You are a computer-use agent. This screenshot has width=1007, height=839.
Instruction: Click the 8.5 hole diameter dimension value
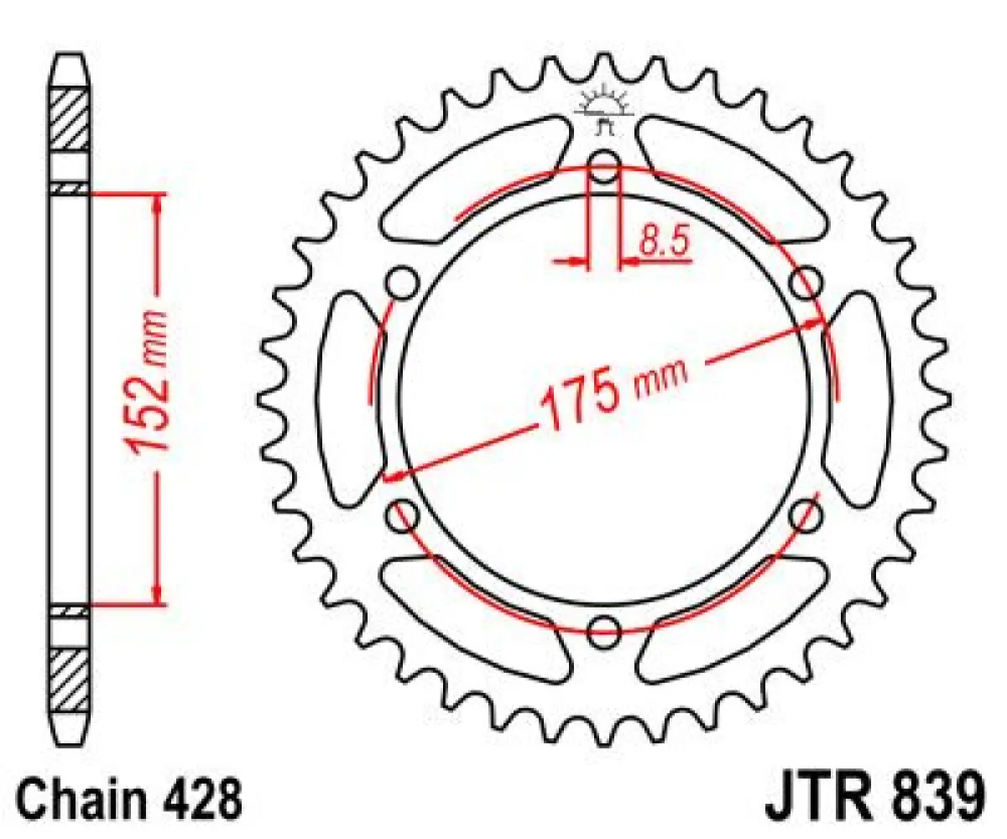(x=663, y=241)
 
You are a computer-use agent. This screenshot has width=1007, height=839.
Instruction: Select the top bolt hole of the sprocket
(x=604, y=165)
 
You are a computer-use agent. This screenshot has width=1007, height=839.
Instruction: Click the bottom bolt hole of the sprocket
(x=603, y=631)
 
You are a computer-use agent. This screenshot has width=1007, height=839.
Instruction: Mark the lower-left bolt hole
(x=403, y=514)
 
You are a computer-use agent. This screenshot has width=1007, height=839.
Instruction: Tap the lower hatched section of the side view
(x=70, y=678)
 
